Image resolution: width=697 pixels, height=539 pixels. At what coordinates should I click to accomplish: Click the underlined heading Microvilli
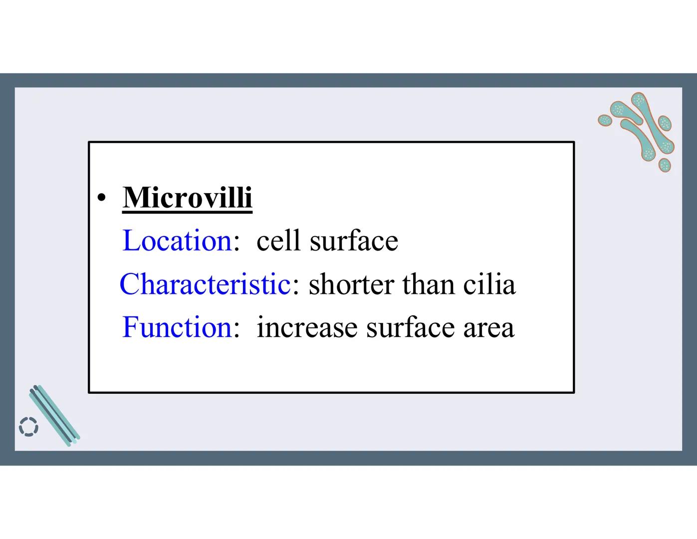(x=187, y=198)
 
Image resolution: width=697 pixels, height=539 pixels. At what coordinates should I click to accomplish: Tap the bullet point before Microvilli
(x=102, y=199)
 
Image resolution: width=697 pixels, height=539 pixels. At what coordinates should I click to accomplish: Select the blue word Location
(x=177, y=241)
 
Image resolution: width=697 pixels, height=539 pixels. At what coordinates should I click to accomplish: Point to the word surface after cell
(x=354, y=242)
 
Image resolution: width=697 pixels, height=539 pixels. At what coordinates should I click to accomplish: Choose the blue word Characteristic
(x=205, y=284)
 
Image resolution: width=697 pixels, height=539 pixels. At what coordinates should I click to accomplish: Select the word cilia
(x=489, y=284)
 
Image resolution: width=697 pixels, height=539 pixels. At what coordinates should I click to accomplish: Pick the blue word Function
(x=177, y=327)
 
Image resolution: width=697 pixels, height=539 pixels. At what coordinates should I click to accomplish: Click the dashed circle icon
(x=28, y=427)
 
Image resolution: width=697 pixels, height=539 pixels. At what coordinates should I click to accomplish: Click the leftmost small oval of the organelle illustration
(x=605, y=120)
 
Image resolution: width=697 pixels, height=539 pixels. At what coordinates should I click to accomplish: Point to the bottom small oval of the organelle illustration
(x=664, y=165)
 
